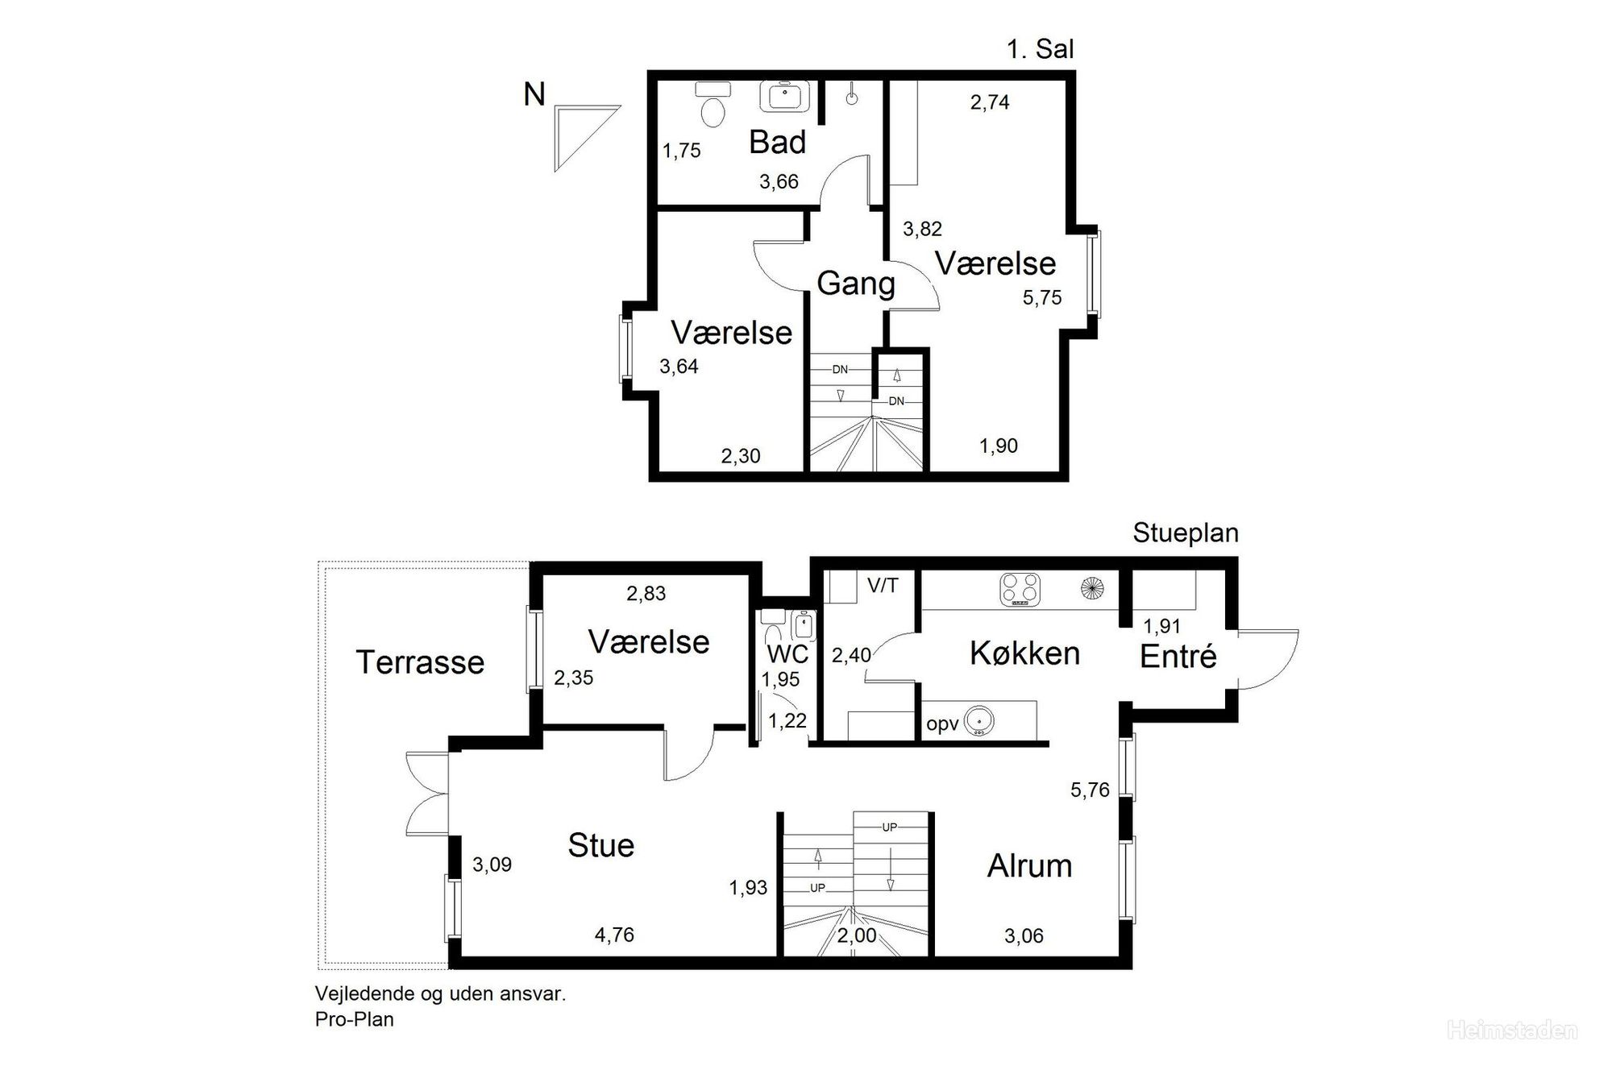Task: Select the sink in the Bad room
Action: click(x=784, y=97)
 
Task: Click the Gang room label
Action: click(x=856, y=284)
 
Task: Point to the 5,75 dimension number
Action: click(x=1042, y=298)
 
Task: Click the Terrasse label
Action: click(x=420, y=662)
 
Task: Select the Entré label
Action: click(x=1178, y=657)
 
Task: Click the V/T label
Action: click(x=883, y=586)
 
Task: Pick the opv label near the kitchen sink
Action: click(x=942, y=724)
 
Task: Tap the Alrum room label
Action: click(x=1029, y=866)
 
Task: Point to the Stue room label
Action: click(x=600, y=845)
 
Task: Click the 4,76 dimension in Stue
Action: click(x=614, y=935)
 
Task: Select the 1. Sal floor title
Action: click(x=1040, y=49)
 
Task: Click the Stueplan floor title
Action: click(x=1185, y=533)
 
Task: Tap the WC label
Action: click(x=787, y=653)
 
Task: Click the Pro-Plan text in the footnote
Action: click(x=355, y=1019)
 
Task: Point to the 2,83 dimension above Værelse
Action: click(x=646, y=594)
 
